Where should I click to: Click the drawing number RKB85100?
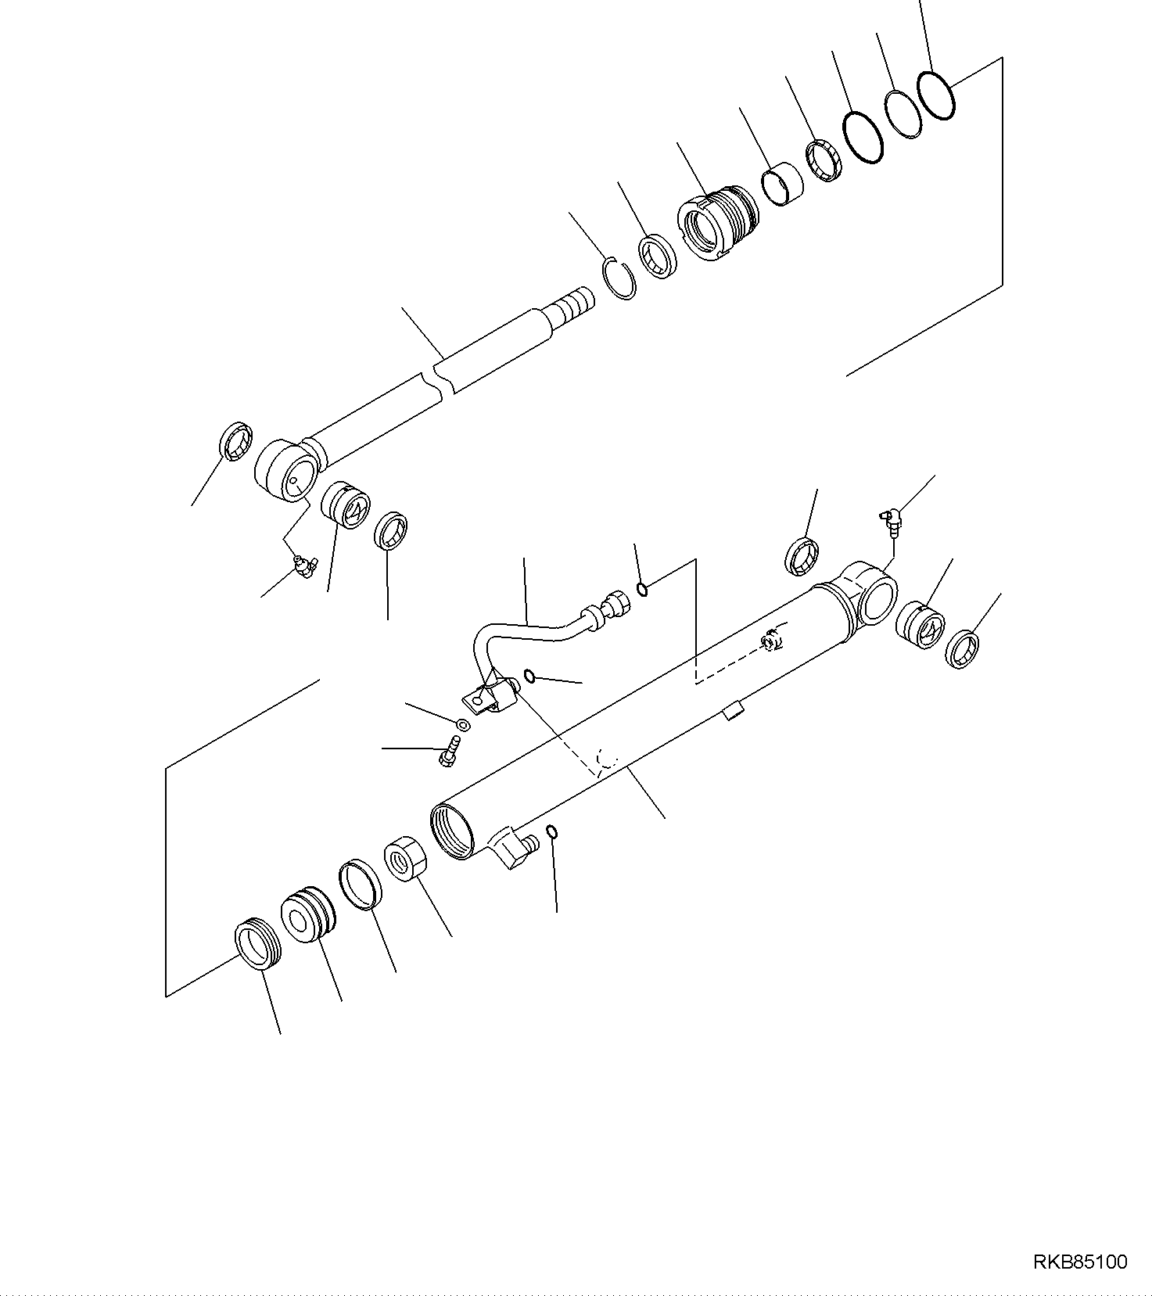[1080, 1262]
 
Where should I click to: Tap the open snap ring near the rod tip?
[623, 280]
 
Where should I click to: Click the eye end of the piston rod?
[285, 469]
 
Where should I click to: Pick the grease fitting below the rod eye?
[303, 566]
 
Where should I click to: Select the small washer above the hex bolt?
[463, 724]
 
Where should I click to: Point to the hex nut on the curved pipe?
[614, 605]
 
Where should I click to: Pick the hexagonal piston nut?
[405, 860]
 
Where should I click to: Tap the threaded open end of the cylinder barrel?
[452, 831]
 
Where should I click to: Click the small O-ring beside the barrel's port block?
[552, 832]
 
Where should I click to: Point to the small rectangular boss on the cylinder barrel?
[733, 711]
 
